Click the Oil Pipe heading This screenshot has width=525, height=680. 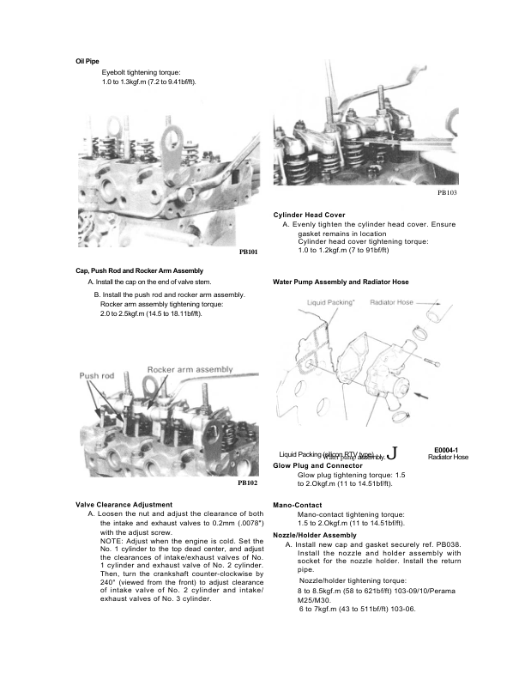click(x=88, y=62)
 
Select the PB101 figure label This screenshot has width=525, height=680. click(x=248, y=252)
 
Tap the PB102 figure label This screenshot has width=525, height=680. click(x=247, y=483)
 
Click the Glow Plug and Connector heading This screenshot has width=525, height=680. click(x=319, y=465)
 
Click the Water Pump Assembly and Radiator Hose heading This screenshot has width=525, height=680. click(x=341, y=282)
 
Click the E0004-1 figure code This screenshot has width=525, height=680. click(x=446, y=449)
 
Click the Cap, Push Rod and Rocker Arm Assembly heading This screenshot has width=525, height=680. click(x=139, y=271)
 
